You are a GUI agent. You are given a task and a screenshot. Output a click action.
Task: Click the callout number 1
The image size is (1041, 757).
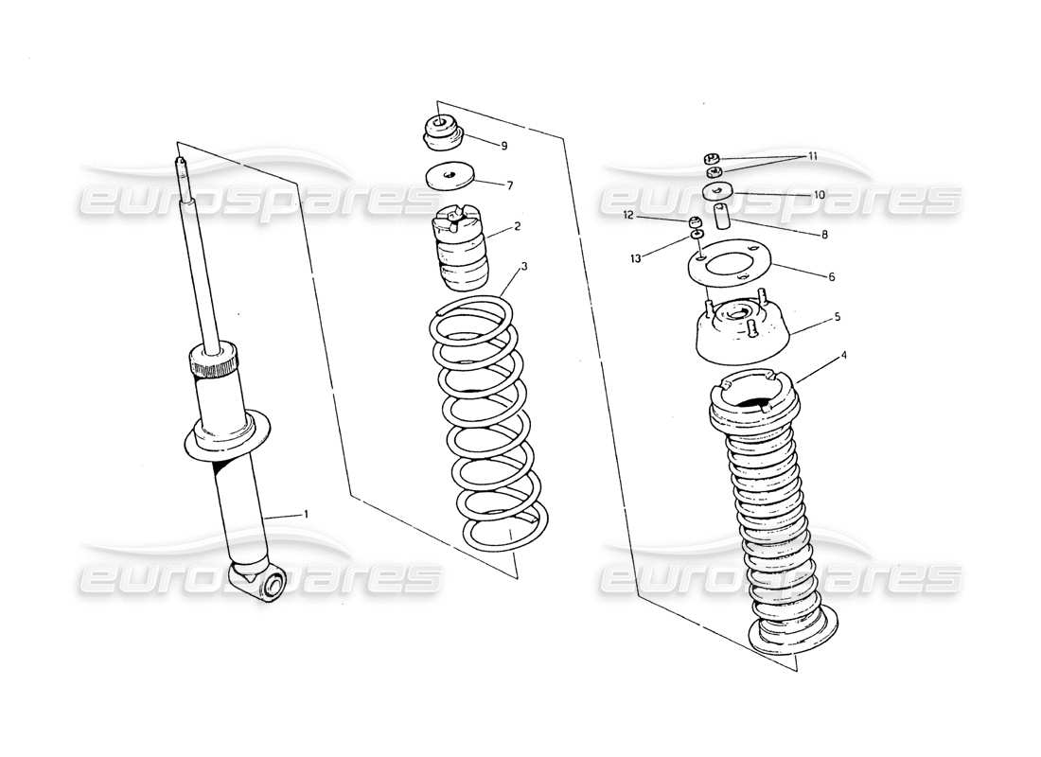[306, 513]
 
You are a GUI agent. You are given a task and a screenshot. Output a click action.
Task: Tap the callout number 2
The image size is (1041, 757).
[518, 226]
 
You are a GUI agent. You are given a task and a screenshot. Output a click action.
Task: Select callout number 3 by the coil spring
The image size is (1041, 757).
[524, 267]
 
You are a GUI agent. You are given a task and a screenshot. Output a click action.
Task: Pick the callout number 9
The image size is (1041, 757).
[504, 146]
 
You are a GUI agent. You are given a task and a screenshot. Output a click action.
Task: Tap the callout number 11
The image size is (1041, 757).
[812, 156]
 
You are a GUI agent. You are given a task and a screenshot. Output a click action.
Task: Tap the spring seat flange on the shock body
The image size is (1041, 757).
[224, 437]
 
